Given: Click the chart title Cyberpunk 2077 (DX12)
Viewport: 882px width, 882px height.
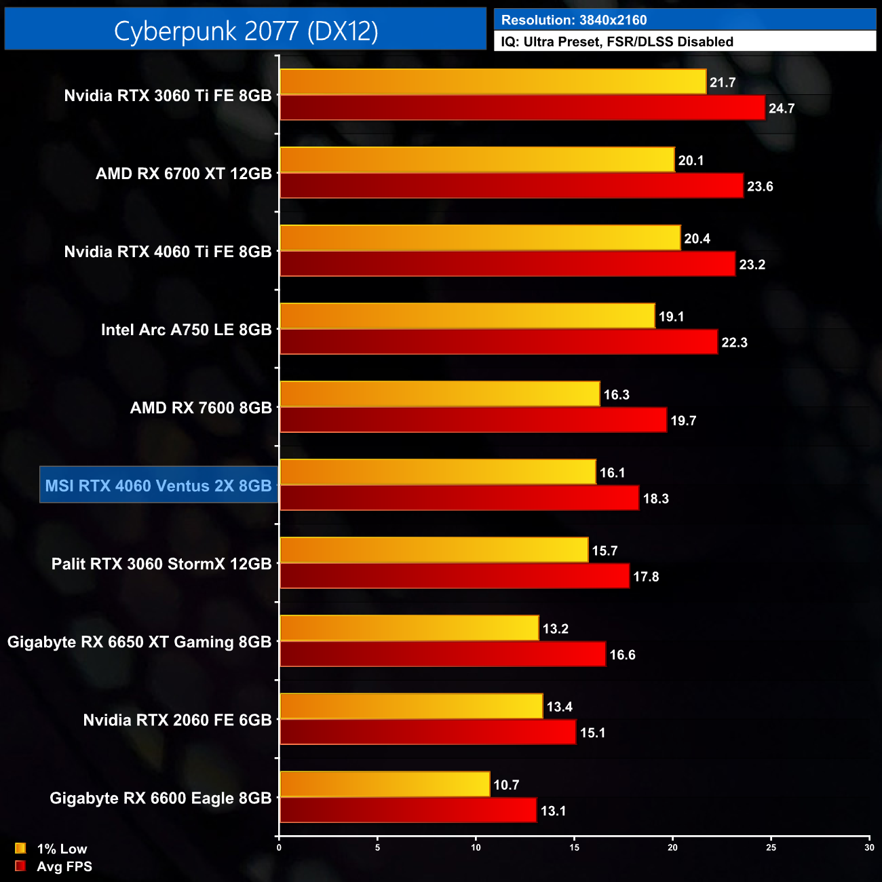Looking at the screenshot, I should [x=246, y=31].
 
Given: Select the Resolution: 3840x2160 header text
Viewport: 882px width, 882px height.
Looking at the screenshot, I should [x=574, y=20].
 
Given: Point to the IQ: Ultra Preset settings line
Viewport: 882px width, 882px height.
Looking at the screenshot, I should [x=617, y=41].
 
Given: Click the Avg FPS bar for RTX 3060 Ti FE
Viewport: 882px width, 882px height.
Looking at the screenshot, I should [x=522, y=108].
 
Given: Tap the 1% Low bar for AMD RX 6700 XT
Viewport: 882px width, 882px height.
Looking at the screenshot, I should [x=477, y=160].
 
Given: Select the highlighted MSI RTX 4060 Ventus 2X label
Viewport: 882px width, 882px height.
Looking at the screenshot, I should [x=158, y=486].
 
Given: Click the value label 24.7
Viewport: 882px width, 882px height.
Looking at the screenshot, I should [x=781, y=109].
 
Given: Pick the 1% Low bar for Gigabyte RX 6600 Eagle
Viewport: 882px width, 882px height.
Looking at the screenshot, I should [x=385, y=784].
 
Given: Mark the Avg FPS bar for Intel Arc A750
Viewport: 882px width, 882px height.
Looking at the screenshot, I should [x=499, y=342].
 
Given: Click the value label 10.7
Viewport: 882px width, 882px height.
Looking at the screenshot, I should [x=506, y=785].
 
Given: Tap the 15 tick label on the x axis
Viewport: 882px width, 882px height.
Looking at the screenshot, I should [x=575, y=847].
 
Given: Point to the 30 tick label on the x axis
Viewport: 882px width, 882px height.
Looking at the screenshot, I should [x=869, y=847].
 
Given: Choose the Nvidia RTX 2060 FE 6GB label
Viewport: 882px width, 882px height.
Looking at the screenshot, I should [x=177, y=720].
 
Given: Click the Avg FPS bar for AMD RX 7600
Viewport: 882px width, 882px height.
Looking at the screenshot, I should [x=473, y=420].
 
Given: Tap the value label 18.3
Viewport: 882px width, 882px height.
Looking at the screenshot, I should [x=655, y=499].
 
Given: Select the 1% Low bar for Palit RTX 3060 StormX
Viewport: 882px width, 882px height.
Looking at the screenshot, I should [x=434, y=550].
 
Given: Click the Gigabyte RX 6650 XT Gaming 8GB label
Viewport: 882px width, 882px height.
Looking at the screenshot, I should [x=139, y=642].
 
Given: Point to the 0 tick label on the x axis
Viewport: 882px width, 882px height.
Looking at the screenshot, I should [x=279, y=847].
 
